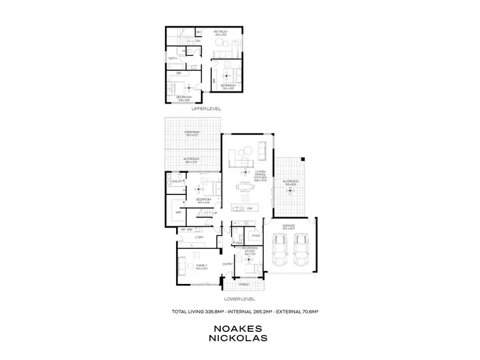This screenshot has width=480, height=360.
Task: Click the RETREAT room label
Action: pyautogui.click(x=220, y=31)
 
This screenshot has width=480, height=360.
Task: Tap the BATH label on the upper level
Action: pyautogui.click(x=172, y=58)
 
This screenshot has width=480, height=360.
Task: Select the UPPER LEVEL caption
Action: pyautogui.click(x=206, y=109)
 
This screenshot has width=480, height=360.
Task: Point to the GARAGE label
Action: pyautogui.click(x=289, y=226)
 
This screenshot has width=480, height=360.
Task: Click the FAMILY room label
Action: pyautogui.click(x=201, y=266)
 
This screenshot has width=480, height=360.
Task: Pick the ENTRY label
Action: pyautogui.click(x=227, y=263)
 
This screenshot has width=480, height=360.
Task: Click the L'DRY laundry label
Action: pyautogui.click(x=199, y=238)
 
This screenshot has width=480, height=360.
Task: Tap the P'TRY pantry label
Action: pyautogui.click(x=255, y=236)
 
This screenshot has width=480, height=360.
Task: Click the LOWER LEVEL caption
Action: pyautogui.click(x=239, y=299)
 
